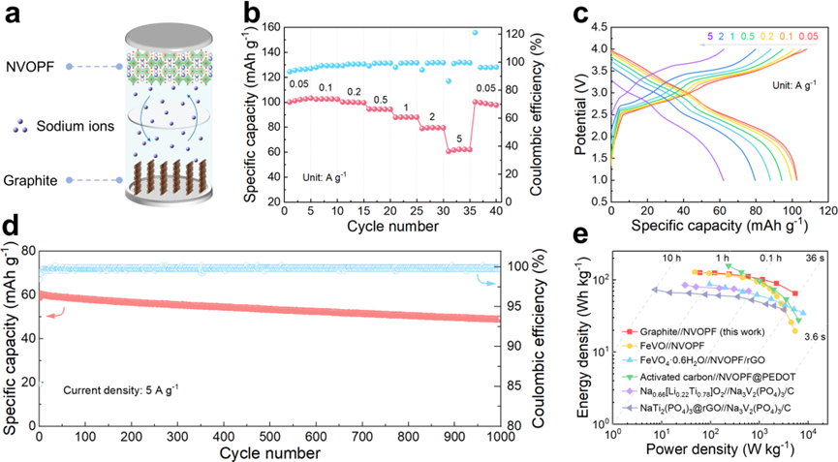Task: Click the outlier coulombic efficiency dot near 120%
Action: pyautogui.click(x=501, y=32)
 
